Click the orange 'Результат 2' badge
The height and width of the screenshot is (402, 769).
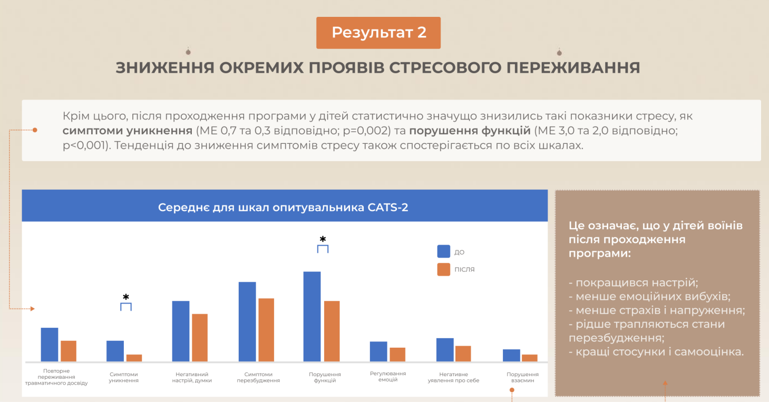click(378, 33)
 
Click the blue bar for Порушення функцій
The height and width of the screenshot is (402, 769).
click(312, 316)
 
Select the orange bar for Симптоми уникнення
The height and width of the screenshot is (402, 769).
click(134, 358)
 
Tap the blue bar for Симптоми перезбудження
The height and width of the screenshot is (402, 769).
click(247, 321)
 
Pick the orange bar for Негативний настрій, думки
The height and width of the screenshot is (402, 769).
click(200, 337)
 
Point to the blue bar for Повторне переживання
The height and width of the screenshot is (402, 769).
click(50, 344)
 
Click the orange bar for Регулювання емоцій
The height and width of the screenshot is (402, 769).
click(397, 354)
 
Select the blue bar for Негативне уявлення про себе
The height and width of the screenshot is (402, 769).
click(445, 349)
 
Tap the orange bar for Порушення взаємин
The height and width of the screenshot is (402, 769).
click(530, 358)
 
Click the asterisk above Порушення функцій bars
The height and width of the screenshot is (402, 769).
click(323, 239)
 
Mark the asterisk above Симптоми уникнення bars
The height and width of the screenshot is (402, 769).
click(126, 297)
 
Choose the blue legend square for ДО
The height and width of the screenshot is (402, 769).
click(443, 252)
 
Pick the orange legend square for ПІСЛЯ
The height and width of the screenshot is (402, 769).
click(443, 269)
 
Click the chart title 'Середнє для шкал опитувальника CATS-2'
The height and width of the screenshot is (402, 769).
click(283, 208)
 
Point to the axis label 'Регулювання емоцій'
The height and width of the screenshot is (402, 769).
click(388, 377)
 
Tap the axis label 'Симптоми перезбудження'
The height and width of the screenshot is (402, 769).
click(258, 377)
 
